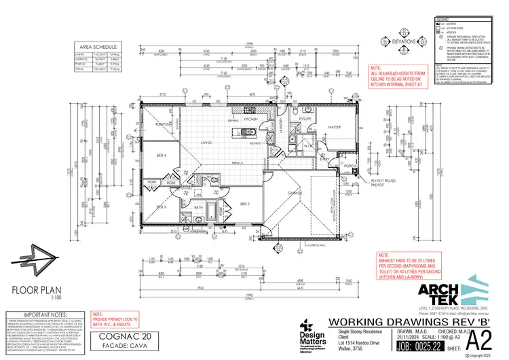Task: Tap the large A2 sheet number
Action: pos(478,338)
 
